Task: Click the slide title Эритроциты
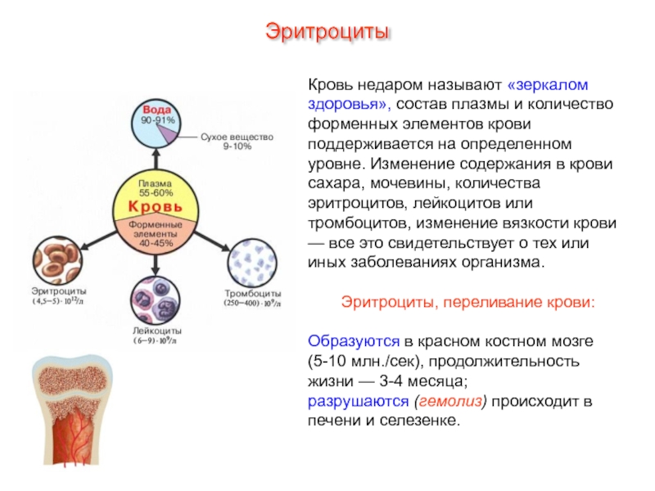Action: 327,34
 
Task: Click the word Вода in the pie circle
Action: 157,110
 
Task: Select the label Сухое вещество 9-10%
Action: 237,141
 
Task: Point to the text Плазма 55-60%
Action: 156,187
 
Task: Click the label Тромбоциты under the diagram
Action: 253,293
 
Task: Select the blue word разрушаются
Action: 359,402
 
